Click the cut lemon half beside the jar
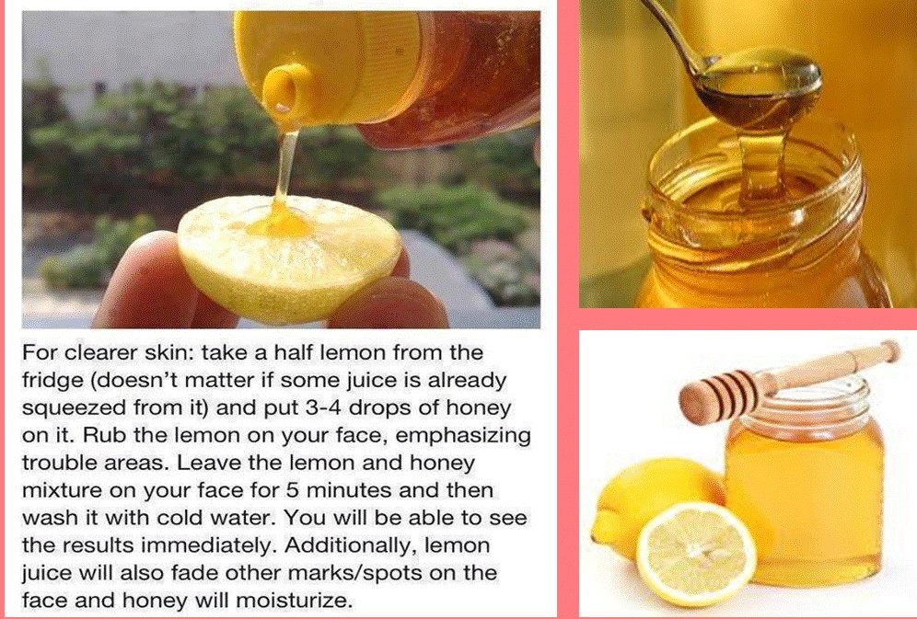[x=696, y=555]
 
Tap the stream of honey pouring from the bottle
[x=284, y=164]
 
